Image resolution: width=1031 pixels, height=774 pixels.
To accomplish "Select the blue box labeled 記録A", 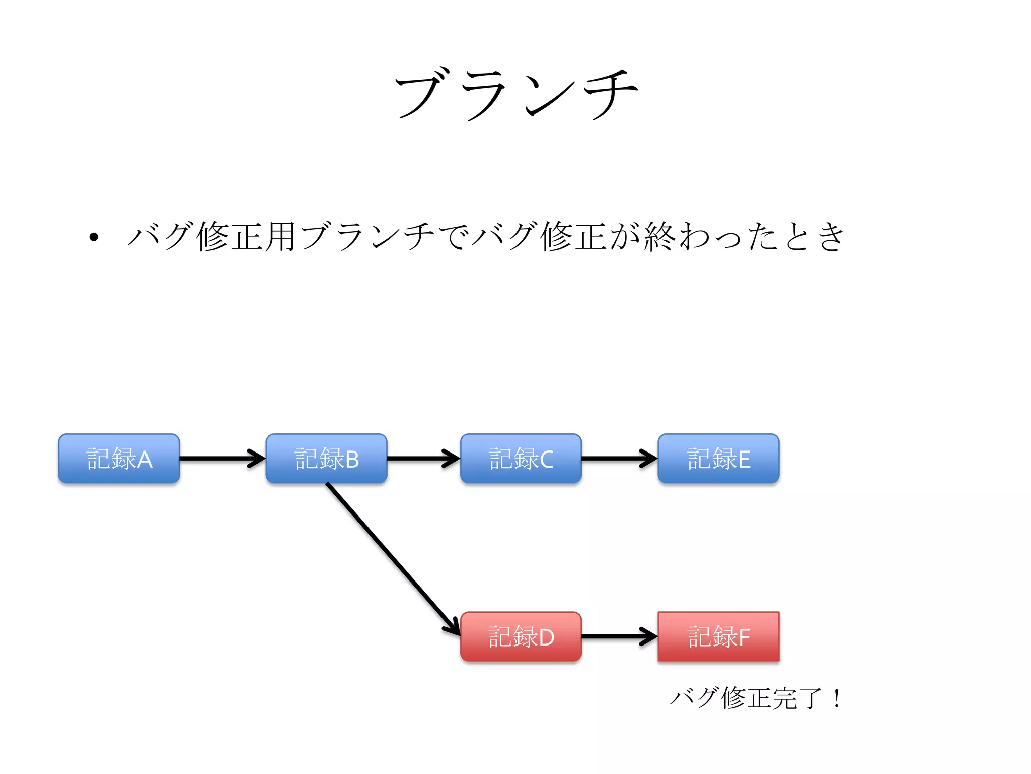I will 119,459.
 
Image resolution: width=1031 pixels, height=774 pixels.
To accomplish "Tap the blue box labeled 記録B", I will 326,459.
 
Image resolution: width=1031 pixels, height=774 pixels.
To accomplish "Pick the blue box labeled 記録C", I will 521,459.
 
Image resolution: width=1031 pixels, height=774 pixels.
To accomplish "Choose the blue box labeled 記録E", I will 718,459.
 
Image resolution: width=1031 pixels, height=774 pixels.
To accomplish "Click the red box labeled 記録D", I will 521,636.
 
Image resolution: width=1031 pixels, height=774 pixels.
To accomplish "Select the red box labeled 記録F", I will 718,636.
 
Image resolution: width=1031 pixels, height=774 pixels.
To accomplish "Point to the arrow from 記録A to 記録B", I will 222,459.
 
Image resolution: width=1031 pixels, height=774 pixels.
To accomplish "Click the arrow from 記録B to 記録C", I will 423,459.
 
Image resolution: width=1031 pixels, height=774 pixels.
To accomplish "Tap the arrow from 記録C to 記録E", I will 619,459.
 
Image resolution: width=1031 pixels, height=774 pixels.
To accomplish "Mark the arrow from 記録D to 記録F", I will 619,636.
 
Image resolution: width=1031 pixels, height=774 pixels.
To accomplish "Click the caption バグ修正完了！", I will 755,698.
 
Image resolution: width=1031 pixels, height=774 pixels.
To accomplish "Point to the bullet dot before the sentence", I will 94,237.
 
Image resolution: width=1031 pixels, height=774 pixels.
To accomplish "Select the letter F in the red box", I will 744,637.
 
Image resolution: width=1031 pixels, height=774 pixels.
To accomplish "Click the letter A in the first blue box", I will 144,460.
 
